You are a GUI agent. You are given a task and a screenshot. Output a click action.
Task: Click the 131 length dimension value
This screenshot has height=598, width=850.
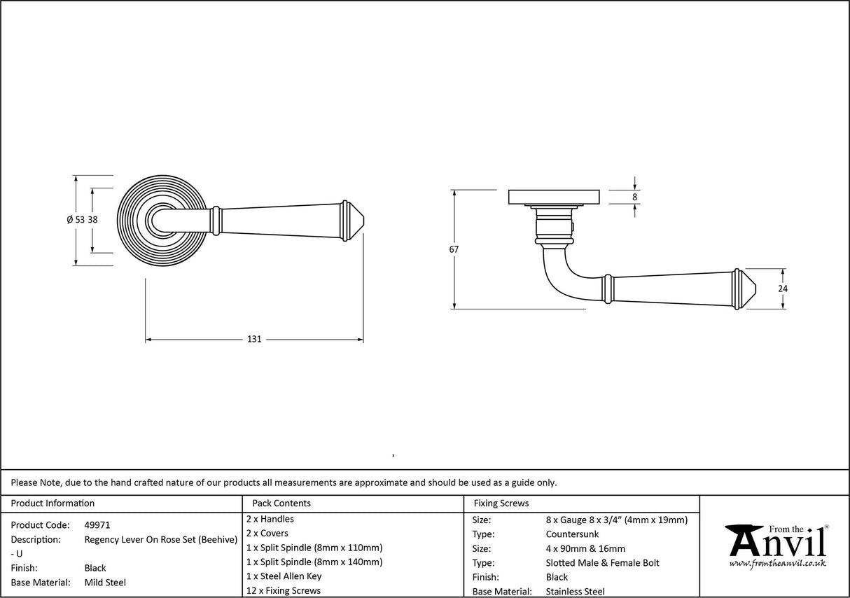point(254,339)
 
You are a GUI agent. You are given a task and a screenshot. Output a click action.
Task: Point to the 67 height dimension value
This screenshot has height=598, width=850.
point(454,249)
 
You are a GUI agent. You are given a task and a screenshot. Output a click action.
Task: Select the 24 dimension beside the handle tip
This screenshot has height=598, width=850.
point(783,288)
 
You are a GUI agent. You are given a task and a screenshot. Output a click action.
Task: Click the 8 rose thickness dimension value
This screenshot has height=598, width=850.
point(634,197)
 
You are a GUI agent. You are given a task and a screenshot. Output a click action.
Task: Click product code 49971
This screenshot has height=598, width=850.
point(97,525)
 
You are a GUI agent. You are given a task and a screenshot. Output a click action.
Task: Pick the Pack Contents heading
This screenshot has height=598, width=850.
point(281,503)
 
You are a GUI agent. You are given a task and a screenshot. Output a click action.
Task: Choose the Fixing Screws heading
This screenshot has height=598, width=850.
point(501,503)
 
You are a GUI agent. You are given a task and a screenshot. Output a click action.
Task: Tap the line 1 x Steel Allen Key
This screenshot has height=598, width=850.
point(284,576)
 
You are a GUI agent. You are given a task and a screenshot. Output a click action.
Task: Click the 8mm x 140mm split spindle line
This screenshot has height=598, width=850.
point(314,562)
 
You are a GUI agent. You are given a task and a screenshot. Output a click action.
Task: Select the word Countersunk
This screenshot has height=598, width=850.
point(572,534)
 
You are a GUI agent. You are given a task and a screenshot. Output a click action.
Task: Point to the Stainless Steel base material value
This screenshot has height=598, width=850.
point(575,592)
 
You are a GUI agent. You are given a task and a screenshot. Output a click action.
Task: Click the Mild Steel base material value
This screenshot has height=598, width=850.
point(105,583)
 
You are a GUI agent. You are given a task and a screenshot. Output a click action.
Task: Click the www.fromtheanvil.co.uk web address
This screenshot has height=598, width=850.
point(777,563)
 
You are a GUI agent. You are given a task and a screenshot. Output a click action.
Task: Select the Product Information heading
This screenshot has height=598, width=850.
point(53,503)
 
